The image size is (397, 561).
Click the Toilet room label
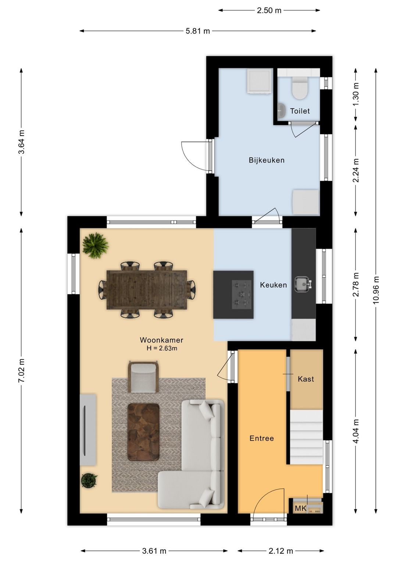[300, 111]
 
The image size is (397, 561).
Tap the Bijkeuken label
[267, 160]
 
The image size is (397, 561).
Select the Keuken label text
[273, 285]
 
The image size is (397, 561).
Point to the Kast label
[306, 379]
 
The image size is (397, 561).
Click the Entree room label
[261, 438]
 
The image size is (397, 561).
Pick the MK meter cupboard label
[301, 508]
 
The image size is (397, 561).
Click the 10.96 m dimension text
[376, 290]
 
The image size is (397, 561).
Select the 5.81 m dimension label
[198, 31]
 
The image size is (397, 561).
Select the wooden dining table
[147, 290]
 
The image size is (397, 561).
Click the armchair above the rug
[143, 377]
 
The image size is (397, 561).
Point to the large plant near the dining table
[96, 245]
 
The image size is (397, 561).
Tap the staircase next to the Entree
[306, 437]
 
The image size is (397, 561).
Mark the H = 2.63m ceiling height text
[162, 348]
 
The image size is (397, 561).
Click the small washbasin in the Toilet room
[282, 110]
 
